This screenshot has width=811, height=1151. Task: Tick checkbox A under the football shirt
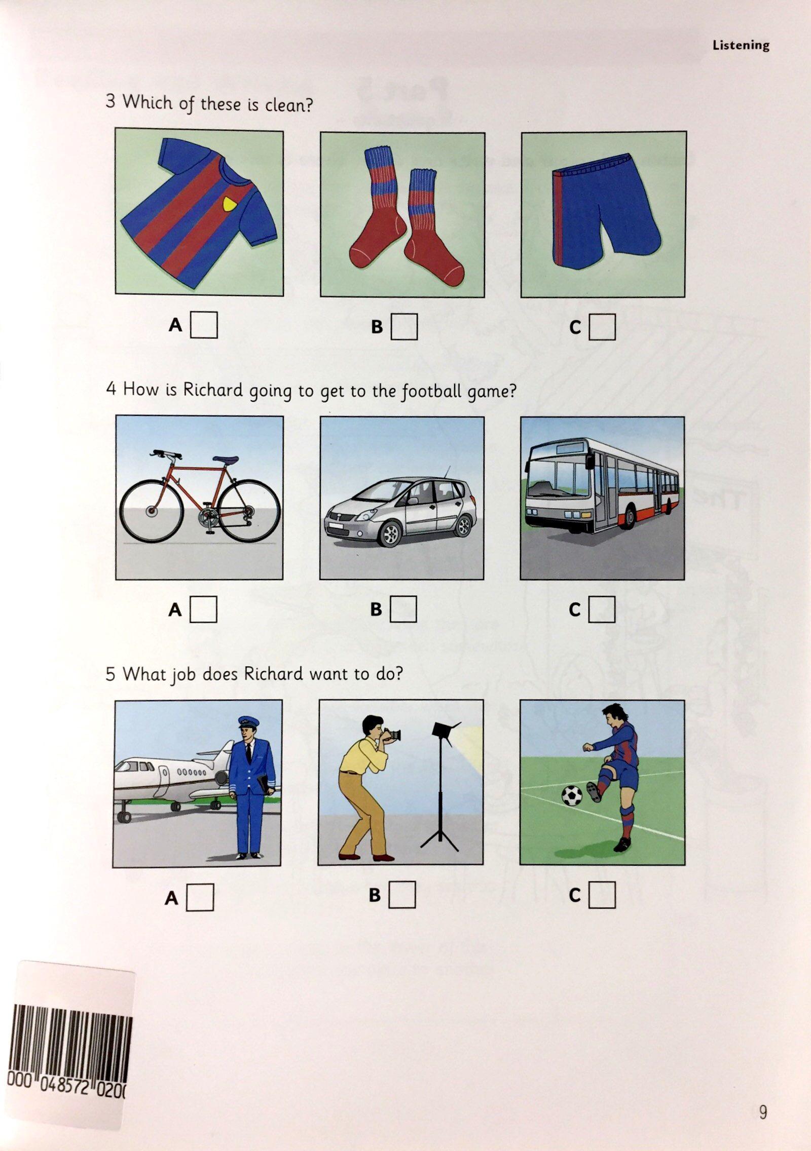coord(204,325)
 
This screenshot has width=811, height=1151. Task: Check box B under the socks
coord(404,327)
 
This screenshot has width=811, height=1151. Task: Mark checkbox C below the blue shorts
coord(602,327)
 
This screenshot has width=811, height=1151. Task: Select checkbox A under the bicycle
coord(203,609)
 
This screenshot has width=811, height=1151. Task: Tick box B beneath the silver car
coord(403,609)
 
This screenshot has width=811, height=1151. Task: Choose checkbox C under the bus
coord(602,609)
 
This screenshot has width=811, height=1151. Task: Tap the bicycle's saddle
coord(226,460)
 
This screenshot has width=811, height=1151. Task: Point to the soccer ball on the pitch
coord(573,796)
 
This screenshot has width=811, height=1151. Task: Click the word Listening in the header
coord(741,45)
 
